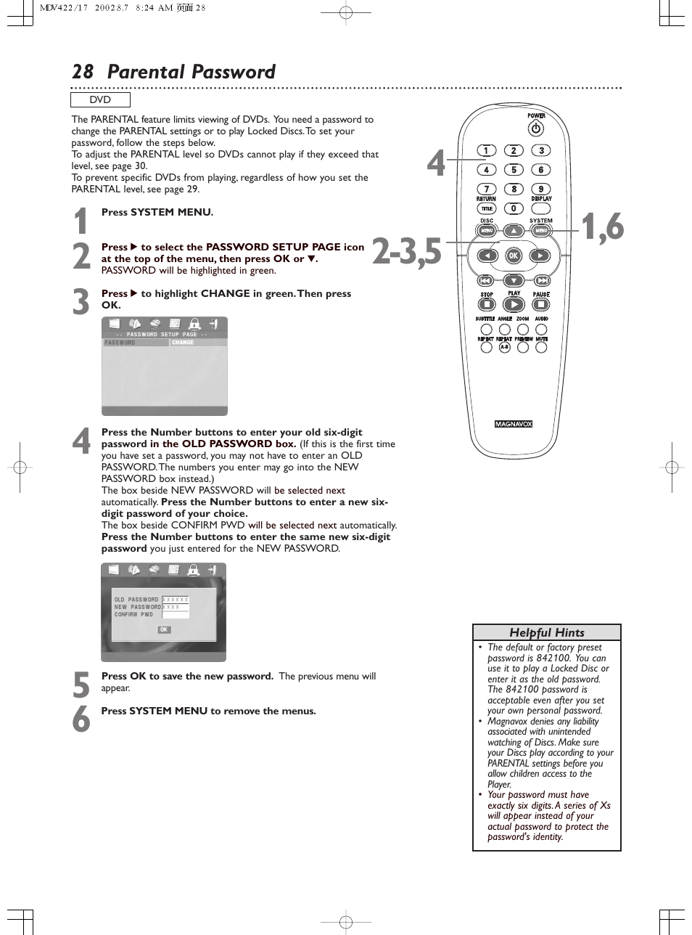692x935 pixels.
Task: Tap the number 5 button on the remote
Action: click(514, 170)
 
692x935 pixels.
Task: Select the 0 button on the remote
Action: click(514, 208)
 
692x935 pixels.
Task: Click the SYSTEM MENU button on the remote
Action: click(540, 231)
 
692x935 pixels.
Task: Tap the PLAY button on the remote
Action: click(514, 305)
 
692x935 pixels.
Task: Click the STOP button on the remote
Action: click(487, 305)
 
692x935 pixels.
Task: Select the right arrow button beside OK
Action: click(540, 256)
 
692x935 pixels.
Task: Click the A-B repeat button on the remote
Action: click(505, 348)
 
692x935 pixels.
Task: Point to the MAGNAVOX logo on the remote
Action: click(514, 424)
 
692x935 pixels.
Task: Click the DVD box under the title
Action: click(100, 100)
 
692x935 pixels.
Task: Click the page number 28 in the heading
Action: click(83, 72)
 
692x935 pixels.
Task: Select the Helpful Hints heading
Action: click(546, 632)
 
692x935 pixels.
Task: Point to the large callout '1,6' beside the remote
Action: click(603, 227)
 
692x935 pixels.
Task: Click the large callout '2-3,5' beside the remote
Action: click(406, 252)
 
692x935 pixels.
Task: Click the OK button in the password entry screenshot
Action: click(164, 629)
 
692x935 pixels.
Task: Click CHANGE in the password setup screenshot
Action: click(183, 343)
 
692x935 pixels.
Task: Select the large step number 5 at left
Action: click(81, 685)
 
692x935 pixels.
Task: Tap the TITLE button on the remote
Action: click(487, 209)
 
